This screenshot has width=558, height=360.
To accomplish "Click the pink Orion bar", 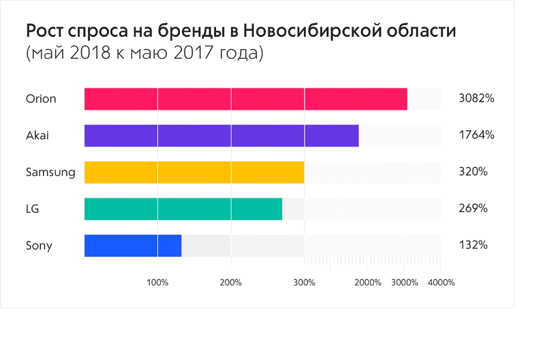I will click(x=245, y=99).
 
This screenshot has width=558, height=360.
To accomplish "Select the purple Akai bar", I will click(x=221, y=136).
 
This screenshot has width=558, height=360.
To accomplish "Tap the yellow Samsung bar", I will click(x=194, y=172).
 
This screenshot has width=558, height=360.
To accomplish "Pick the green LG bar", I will click(x=183, y=209).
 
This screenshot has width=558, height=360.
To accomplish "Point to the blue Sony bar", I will click(x=133, y=245).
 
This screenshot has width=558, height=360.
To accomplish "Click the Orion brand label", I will click(x=41, y=99).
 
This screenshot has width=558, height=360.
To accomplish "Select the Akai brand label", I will click(x=37, y=136).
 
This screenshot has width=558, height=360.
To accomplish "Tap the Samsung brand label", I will click(x=50, y=172).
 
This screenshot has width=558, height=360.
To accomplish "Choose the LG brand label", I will click(x=32, y=209).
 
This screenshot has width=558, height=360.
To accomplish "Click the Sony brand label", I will click(x=39, y=245).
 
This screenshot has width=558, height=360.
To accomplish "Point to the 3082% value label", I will click(x=476, y=99).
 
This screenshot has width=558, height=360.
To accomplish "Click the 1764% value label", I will click(x=476, y=136).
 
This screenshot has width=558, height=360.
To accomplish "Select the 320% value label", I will click(x=474, y=172).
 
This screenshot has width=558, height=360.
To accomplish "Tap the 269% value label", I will click(x=474, y=209).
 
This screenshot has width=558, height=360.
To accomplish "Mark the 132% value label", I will click(x=474, y=245).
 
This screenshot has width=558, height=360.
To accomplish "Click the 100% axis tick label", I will click(x=157, y=282).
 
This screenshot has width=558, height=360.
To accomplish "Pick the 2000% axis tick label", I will click(x=368, y=282).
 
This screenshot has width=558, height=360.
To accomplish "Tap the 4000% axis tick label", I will click(x=441, y=282).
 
